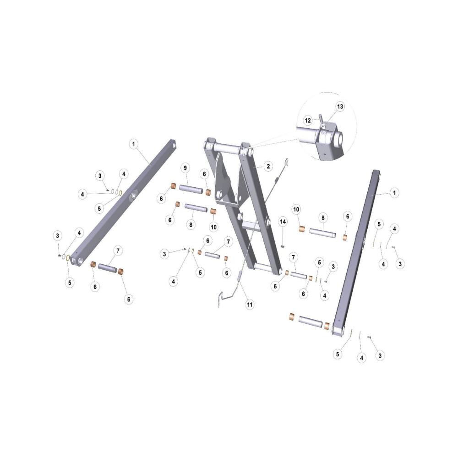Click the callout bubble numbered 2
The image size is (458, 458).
[x=268, y=167]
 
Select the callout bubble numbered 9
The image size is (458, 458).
[x=185, y=168]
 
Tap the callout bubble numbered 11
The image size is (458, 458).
[x=250, y=305]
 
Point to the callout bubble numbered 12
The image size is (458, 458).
[x=308, y=120]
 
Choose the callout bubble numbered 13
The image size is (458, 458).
[x=340, y=106]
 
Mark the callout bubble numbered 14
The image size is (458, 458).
[x=283, y=222]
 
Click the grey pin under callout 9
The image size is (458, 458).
[x=191, y=189]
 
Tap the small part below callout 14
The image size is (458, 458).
[x=283, y=246]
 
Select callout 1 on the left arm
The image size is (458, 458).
[x=133, y=144]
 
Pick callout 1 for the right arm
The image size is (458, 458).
[x=394, y=193]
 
